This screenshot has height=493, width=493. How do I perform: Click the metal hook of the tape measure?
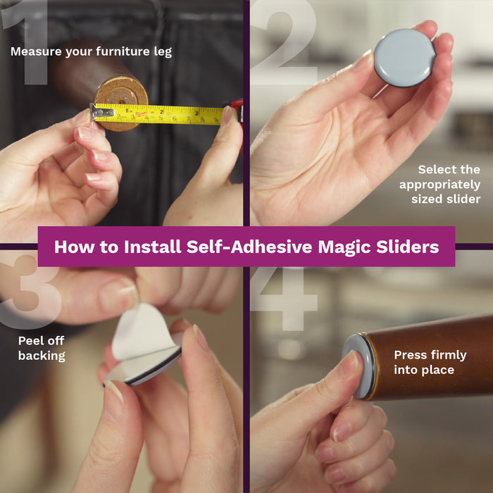[101, 112]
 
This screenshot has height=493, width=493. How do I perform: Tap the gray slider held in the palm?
[405, 58]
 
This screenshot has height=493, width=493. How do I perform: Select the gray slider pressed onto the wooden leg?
[359, 366]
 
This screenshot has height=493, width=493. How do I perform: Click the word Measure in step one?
[36, 51]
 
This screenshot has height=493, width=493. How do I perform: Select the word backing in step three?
[42, 356]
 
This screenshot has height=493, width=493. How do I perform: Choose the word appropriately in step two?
[439, 185]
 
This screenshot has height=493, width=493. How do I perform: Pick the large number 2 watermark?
[284, 42]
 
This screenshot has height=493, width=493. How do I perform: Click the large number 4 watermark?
[284, 299]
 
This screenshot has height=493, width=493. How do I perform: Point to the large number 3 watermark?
[30, 291]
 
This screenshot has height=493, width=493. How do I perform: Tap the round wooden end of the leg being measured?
[121, 103]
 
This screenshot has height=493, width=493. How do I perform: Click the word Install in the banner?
[153, 246]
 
